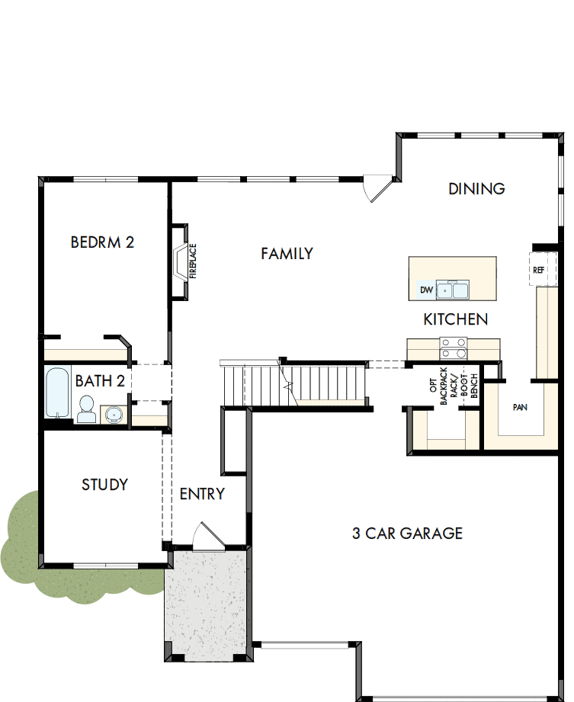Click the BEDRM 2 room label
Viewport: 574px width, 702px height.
pos(102,242)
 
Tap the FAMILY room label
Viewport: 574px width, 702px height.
pos(287,254)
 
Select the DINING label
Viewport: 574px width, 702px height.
pos(476,188)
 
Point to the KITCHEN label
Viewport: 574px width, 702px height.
pos(456,319)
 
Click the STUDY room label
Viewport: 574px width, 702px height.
pos(104,485)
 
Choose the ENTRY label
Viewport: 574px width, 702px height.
pos(202,494)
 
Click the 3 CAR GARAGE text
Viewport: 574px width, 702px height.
pos(407,533)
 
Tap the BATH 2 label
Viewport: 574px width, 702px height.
pos(100,381)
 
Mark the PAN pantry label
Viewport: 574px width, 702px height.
pos(520,408)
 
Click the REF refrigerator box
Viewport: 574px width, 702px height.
pos(539,270)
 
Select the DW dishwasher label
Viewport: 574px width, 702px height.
pos(426,290)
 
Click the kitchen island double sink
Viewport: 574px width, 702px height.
pos(452,290)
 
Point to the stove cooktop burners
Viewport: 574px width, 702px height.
pos(454,348)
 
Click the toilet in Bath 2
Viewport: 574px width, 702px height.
pos(86,409)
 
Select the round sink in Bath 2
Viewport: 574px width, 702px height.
pos(114,415)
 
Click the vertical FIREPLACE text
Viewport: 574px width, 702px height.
pos(193,261)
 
